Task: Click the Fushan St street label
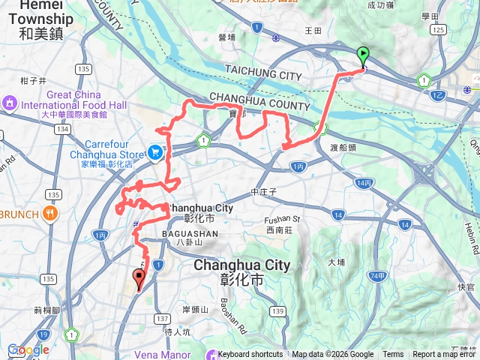(282, 219)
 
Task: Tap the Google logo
(28, 349)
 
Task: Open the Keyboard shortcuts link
(250, 355)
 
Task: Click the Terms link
(393, 355)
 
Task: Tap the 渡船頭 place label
(343, 148)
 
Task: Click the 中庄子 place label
(264, 192)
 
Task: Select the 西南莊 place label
(279, 232)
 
